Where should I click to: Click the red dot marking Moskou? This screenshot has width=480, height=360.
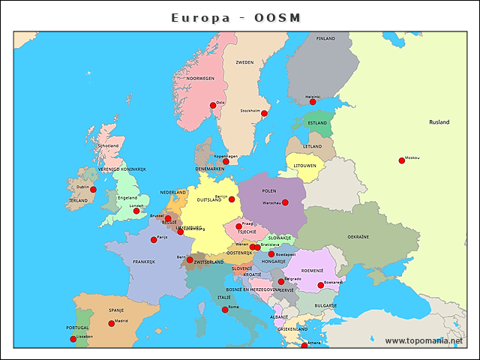402,160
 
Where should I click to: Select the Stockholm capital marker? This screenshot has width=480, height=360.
264,113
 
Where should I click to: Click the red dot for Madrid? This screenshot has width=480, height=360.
112,323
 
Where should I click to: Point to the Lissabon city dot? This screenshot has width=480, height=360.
73,339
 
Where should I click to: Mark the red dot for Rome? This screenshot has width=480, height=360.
225,310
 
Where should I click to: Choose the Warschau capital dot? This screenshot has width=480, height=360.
285,202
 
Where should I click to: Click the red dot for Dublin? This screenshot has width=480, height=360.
93,190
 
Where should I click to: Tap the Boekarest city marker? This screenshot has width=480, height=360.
320,285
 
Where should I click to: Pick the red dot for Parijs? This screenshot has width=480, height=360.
154,240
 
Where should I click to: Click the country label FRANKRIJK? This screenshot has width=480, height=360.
144,262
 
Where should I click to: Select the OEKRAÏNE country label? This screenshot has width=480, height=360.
358,237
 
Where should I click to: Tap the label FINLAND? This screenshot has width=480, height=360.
325,38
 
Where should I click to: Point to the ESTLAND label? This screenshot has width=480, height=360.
318,123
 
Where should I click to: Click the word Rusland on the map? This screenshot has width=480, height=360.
439,121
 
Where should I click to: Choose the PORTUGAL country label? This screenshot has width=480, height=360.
77,328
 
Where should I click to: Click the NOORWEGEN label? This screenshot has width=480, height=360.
200,78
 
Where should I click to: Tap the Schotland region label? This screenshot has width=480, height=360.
108,145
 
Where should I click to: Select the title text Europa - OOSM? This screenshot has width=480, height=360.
235,16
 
